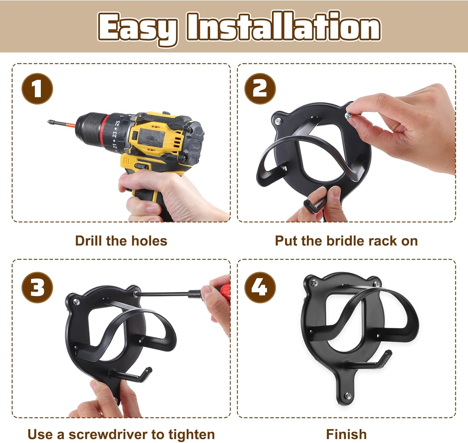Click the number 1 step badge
pyautogui.click(x=37, y=89)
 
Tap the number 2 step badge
pyautogui.click(x=260, y=89)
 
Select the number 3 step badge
pyautogui.click(x=37, y=288)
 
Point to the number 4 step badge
pyautogui.click(x=260, y=288)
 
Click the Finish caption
pyautogui.click(x=346, y=435)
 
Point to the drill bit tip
pyautogui.click(x=48, y=121)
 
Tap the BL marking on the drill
pyautogui.click(x=127, y=161)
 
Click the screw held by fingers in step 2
pyautogui.click(x=348, y=116)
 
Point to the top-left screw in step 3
pyautogui.click(x=77, y=302)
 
